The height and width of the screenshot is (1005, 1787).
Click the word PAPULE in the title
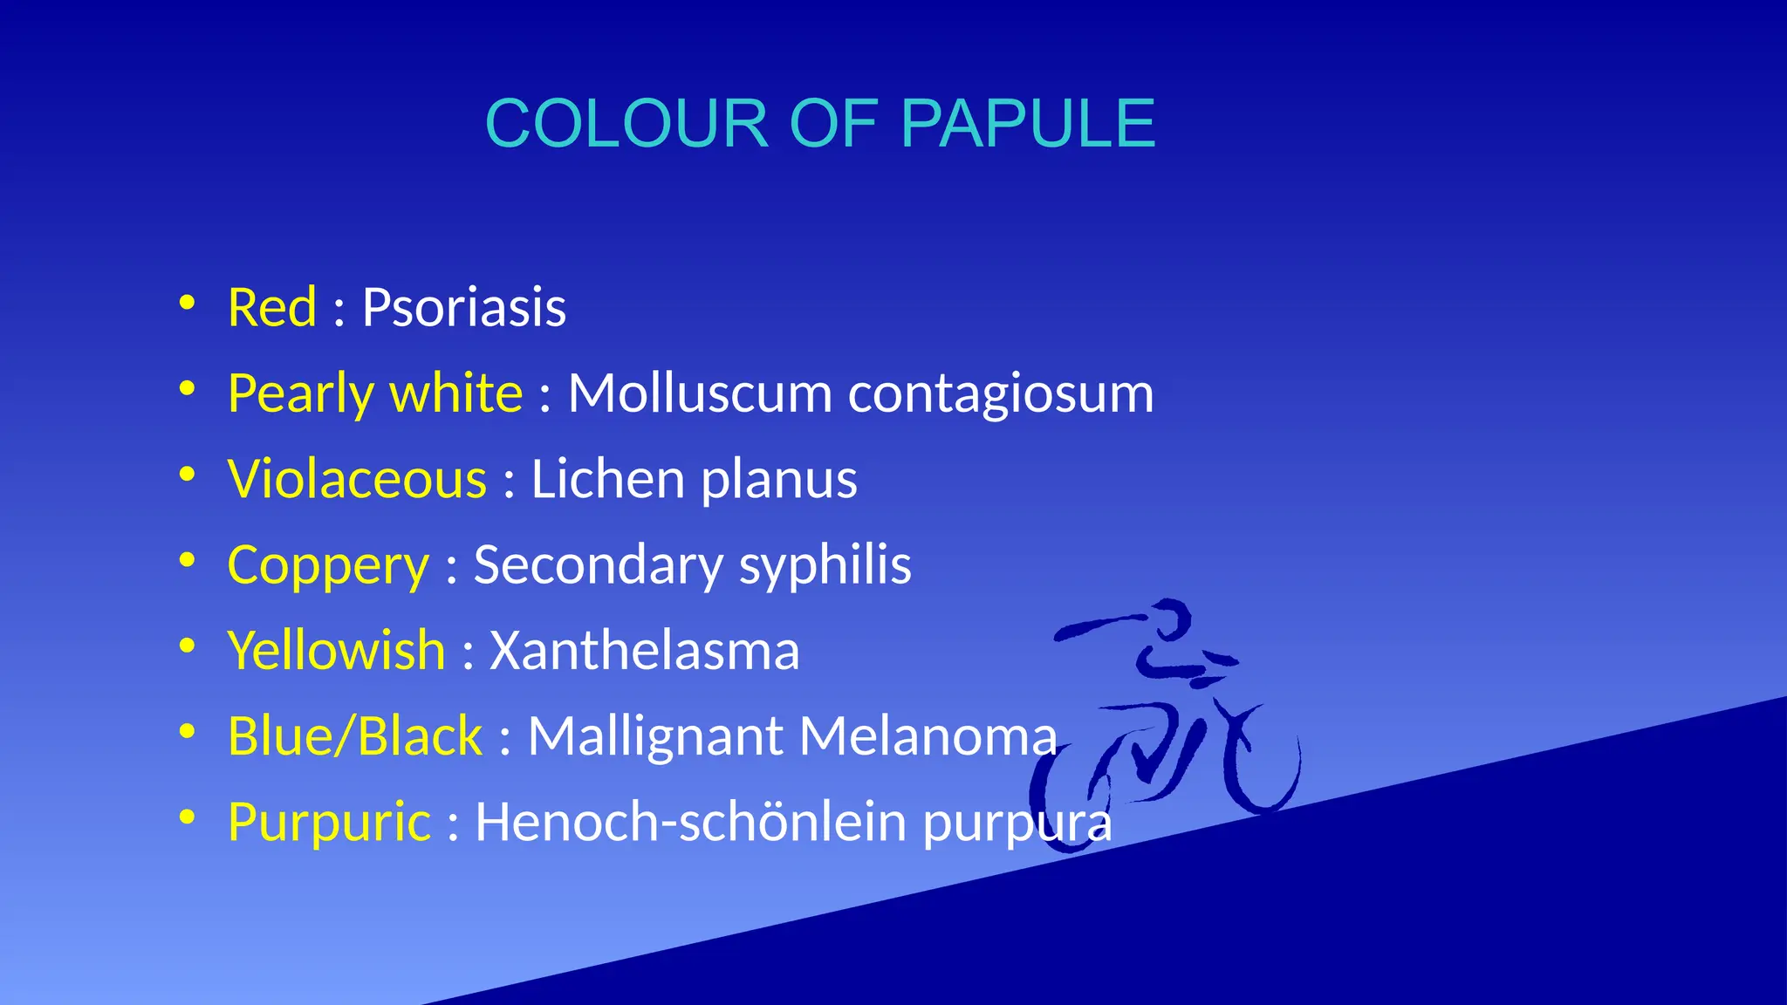pos(1027,124)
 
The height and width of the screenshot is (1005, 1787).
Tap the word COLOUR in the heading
pos(626,124)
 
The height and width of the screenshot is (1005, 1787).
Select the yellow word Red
pos(271,308)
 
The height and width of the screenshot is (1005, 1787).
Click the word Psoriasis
pos(463,308)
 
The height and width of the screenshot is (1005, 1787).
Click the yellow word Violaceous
pos(357,479)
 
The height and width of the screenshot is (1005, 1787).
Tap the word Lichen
pos(607,479)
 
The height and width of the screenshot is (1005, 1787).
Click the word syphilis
pos(825,565)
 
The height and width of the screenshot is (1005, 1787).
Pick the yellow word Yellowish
pos(336,651)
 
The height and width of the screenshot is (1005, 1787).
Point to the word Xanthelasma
pos(644,651)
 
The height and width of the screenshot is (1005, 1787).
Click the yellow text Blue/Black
pos(354,736)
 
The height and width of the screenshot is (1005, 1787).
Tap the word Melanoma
pos(928,736)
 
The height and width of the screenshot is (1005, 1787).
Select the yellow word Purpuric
pos(329,823)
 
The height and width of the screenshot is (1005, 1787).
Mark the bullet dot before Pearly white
pos(187,389)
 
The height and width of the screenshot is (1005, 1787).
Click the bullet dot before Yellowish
pos(187,646)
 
